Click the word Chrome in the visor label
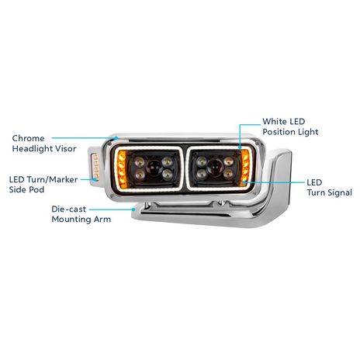[28, 138]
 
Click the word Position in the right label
[279, 132]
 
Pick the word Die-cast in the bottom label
[68, 209]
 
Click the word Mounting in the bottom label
[71, 220]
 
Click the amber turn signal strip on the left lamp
[121, 169]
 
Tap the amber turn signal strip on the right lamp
[244, 168]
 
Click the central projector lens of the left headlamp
[153, 168]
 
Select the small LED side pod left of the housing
[95, 166]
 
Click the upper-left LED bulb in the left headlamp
[140, 161]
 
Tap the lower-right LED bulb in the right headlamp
[228, 173]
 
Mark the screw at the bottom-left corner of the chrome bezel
[112, 196]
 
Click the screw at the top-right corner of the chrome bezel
[257, 143]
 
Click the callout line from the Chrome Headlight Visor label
[85, 138]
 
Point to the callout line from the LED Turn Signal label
[274, 182]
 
